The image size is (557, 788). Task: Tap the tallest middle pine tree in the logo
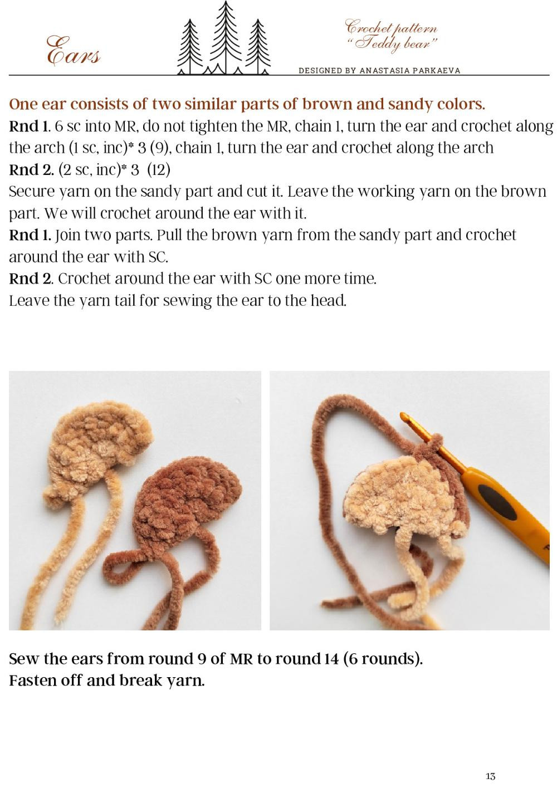pos(224,36)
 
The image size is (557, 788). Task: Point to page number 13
pos(490,776)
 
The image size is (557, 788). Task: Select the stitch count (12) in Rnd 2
pos(159,169)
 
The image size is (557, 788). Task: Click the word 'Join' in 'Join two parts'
pos(68,235)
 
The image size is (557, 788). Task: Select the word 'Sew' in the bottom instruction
pos(24,659)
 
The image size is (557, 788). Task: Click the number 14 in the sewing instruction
pos(331,659)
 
